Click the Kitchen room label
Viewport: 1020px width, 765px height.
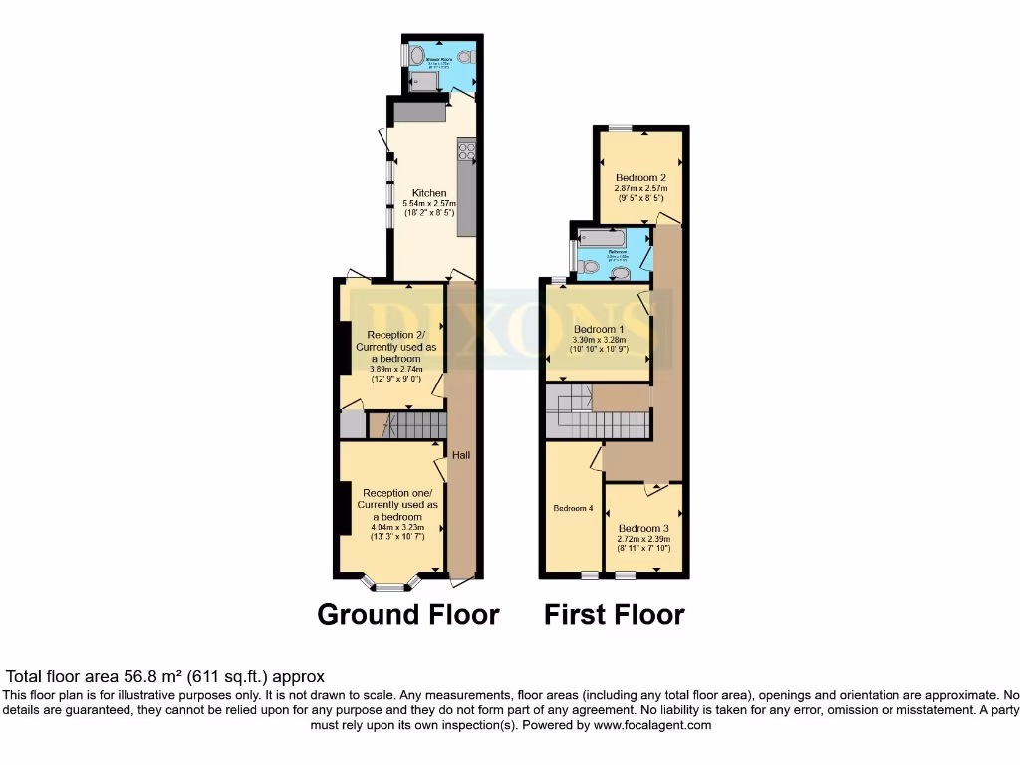pos(429,192)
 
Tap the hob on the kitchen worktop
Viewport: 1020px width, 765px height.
pos(465,151)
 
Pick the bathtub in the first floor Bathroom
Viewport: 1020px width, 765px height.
pos(602,239)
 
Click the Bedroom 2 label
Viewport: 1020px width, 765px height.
pos(640,178)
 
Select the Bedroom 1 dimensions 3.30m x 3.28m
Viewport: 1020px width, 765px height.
pos(598,339)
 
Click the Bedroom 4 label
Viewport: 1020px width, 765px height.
pos(573,508)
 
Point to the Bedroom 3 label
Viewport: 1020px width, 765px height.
pos(642,528)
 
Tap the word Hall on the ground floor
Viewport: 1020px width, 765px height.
pos(461,455)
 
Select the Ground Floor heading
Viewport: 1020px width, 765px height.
pos(407,614)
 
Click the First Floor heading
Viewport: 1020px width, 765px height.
pos(614,614)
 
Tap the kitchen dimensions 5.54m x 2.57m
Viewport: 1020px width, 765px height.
pos(429,203)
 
